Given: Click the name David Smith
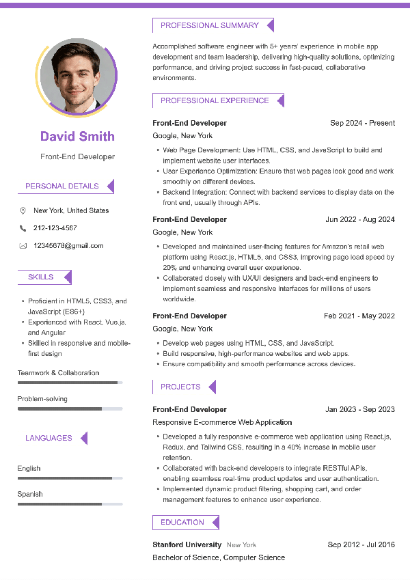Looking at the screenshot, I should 77,136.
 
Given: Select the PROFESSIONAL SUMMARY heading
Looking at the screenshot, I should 209,26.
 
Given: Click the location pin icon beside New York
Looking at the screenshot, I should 23,210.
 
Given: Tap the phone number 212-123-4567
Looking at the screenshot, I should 55,228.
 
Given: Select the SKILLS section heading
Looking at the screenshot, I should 40,277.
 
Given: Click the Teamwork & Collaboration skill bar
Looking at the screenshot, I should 70,383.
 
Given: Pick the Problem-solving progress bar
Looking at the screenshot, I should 70,409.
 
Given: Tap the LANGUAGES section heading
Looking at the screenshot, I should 49,439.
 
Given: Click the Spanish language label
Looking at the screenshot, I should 30,494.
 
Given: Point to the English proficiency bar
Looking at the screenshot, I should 70,478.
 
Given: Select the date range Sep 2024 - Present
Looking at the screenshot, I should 362,123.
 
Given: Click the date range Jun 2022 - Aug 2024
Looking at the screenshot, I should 360,219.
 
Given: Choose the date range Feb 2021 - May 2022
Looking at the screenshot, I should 359,316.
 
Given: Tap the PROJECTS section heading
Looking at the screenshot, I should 180,387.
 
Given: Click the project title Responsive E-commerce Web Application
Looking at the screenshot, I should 222,422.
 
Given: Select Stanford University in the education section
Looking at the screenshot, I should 187,544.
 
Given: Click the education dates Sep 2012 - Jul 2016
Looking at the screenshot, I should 361,544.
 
